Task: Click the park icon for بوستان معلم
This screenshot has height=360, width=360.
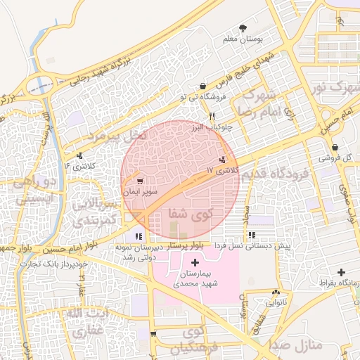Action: (243, 28)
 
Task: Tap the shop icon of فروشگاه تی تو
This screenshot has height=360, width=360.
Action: (202, 86)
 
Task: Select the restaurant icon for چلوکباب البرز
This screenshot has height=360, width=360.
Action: (212, 116)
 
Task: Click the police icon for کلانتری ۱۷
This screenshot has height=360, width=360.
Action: (223, 160)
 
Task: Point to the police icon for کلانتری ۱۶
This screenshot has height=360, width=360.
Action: (79, 155)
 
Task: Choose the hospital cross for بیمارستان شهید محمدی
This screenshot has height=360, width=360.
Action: (195, 262)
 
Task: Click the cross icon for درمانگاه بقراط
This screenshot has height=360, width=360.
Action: (341, 272)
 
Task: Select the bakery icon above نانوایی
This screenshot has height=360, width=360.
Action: (275, 292)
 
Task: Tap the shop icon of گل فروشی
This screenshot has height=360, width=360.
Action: (335, 148)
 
